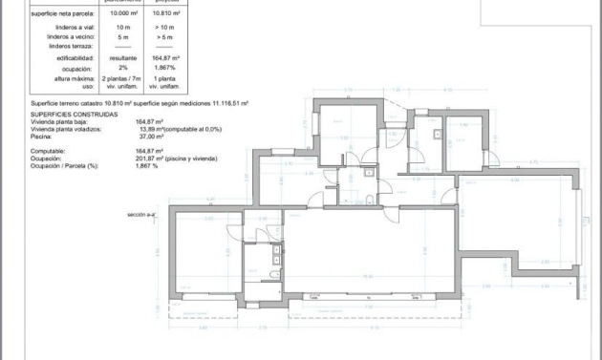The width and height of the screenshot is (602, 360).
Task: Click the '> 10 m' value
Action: [x=168, y=29]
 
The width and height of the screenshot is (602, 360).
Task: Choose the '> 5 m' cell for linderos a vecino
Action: [x=168, y=36]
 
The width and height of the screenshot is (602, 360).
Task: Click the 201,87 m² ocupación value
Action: [x=151, y=159]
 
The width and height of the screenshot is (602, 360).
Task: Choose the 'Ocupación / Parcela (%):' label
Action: [x=64, y=166]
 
